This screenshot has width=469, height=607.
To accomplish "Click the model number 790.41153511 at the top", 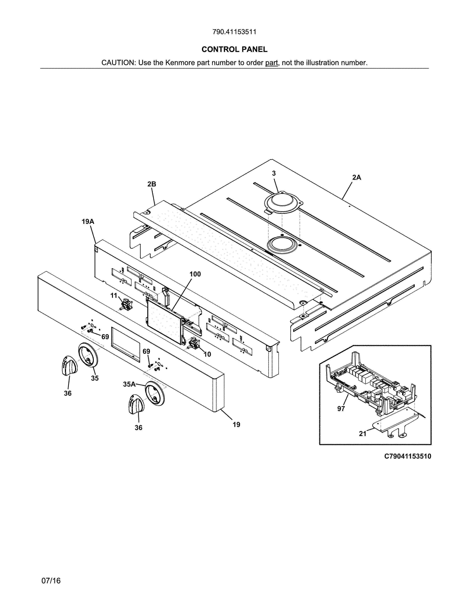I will click(234, 32).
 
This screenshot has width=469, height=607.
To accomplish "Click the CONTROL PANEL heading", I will click(234, 49).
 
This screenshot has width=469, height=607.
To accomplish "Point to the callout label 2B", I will click(152, 184).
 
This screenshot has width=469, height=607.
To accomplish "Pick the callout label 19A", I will click(88, 221).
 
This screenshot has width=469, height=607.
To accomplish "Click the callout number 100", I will click(195, 274).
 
